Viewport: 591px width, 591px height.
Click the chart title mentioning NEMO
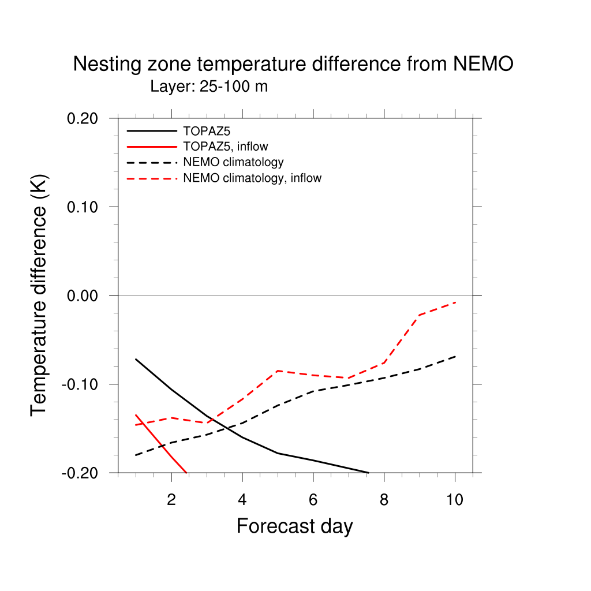point(293,64)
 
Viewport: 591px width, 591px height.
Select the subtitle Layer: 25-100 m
point(209,87)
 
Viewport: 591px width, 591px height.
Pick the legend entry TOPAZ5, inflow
point(226,147)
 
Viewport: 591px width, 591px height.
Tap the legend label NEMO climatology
point(233,162)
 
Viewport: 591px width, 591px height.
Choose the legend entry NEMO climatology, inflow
point(252,178)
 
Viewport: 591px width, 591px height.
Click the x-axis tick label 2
point(171,500)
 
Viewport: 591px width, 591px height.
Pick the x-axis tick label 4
point(242,500)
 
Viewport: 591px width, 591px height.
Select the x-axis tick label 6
point(313,500)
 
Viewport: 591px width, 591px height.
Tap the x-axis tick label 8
point(384,500)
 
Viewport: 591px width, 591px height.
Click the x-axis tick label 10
point(455,500)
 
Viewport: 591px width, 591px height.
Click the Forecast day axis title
point(294,526)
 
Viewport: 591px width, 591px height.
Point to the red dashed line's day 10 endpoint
point(455,302)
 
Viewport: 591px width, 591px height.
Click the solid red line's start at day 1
point(136,414)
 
